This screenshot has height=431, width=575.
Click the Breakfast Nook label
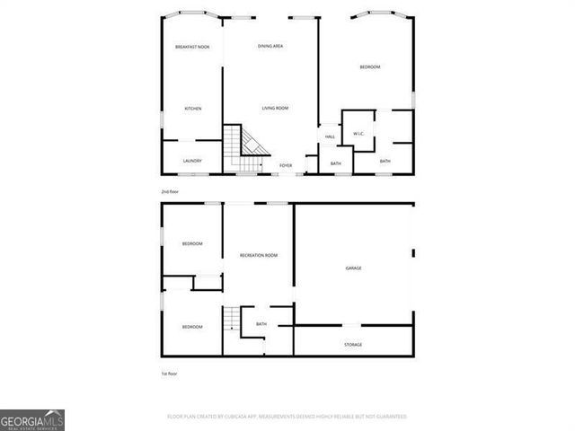click(192, 47)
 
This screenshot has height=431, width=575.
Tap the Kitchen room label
click(192, 109)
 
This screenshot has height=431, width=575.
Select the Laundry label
click(192, 161)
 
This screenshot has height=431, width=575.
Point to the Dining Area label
click(271, 46)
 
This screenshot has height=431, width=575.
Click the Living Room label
click(275, 109)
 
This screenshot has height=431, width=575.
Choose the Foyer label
click(286, 165)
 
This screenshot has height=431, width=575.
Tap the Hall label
click(330, 136)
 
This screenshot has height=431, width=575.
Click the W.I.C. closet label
click(358, 134)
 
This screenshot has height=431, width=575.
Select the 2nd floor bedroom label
click(370, 67)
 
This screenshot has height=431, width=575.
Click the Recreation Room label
click(259, 256)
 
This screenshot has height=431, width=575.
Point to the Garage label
click(354, 268)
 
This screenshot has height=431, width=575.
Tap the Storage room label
click(353, 345)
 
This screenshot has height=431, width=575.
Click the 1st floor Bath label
click(261, 324)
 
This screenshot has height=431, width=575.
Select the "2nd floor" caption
click(170, 192)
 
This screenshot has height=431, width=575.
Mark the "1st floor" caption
click(169, 374)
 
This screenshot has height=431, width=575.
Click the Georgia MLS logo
click(32, 420)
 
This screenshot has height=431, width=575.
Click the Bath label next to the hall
click(335, 163)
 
